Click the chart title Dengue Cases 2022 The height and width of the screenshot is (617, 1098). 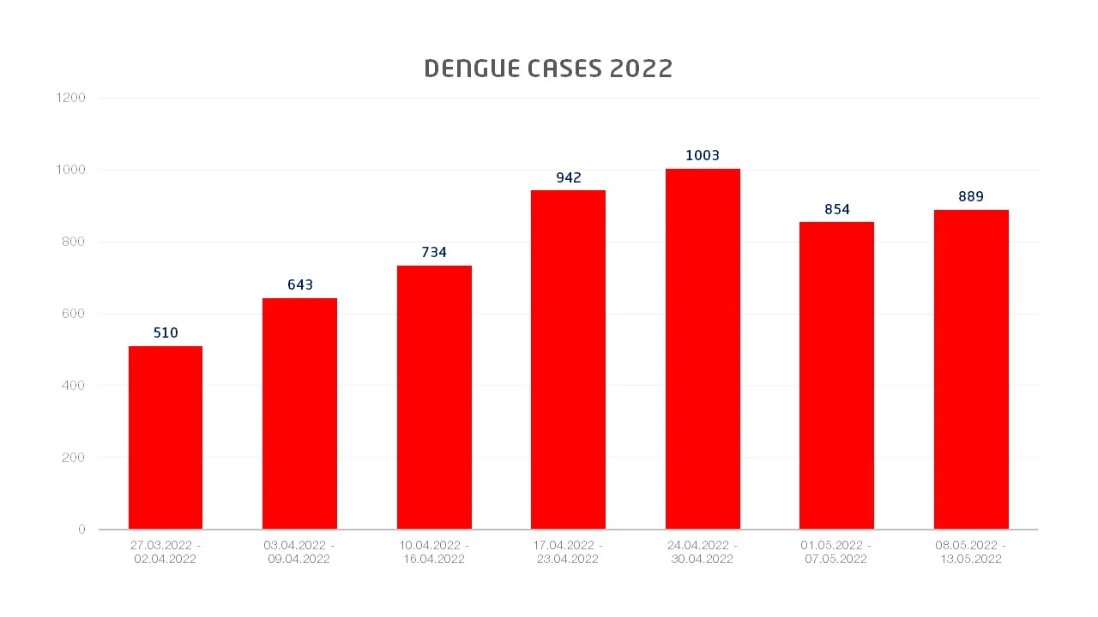click(x=548, y=69)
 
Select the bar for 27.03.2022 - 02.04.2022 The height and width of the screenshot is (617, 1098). click(x=166, y=437)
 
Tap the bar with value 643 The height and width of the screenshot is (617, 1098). click(x=299, y=413)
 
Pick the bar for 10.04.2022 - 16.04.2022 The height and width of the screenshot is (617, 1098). click(x=434, y=397)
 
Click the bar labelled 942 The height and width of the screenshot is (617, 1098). click(x=568, y=359)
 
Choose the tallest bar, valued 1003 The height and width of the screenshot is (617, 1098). click(x=703, y=349)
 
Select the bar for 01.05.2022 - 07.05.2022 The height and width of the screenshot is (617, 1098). click(x=836, y=375)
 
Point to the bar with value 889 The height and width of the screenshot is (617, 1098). click(x=971, y=369)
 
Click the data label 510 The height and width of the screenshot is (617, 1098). click(x=166, y=332)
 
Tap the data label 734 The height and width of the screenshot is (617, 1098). click(x=434, y=252)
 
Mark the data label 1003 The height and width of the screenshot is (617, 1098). click(x=703, y=155)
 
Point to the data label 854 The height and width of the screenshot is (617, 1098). click(x=836, y=209)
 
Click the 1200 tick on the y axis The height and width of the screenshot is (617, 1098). click(x=70, y=98)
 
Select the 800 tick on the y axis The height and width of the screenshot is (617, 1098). click(x=74, y=242)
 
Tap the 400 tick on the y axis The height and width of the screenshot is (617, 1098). click(x=74, y=386)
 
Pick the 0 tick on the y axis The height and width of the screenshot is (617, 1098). click(x=81, y=530)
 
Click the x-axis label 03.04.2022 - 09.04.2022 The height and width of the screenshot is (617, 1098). click(x=299, y=552)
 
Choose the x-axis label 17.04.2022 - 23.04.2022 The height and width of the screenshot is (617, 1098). click(x=568, y=552)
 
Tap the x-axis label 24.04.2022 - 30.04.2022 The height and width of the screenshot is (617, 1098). click(x=703, y=552)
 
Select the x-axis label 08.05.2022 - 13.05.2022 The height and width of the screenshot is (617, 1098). click(x=971, y=552)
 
